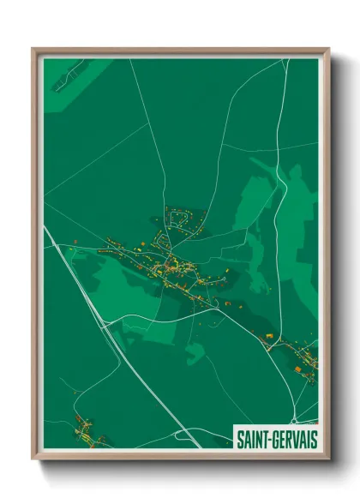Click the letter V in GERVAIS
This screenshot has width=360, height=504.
coord(296,438)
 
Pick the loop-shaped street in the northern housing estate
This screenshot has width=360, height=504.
coord(180,219)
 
